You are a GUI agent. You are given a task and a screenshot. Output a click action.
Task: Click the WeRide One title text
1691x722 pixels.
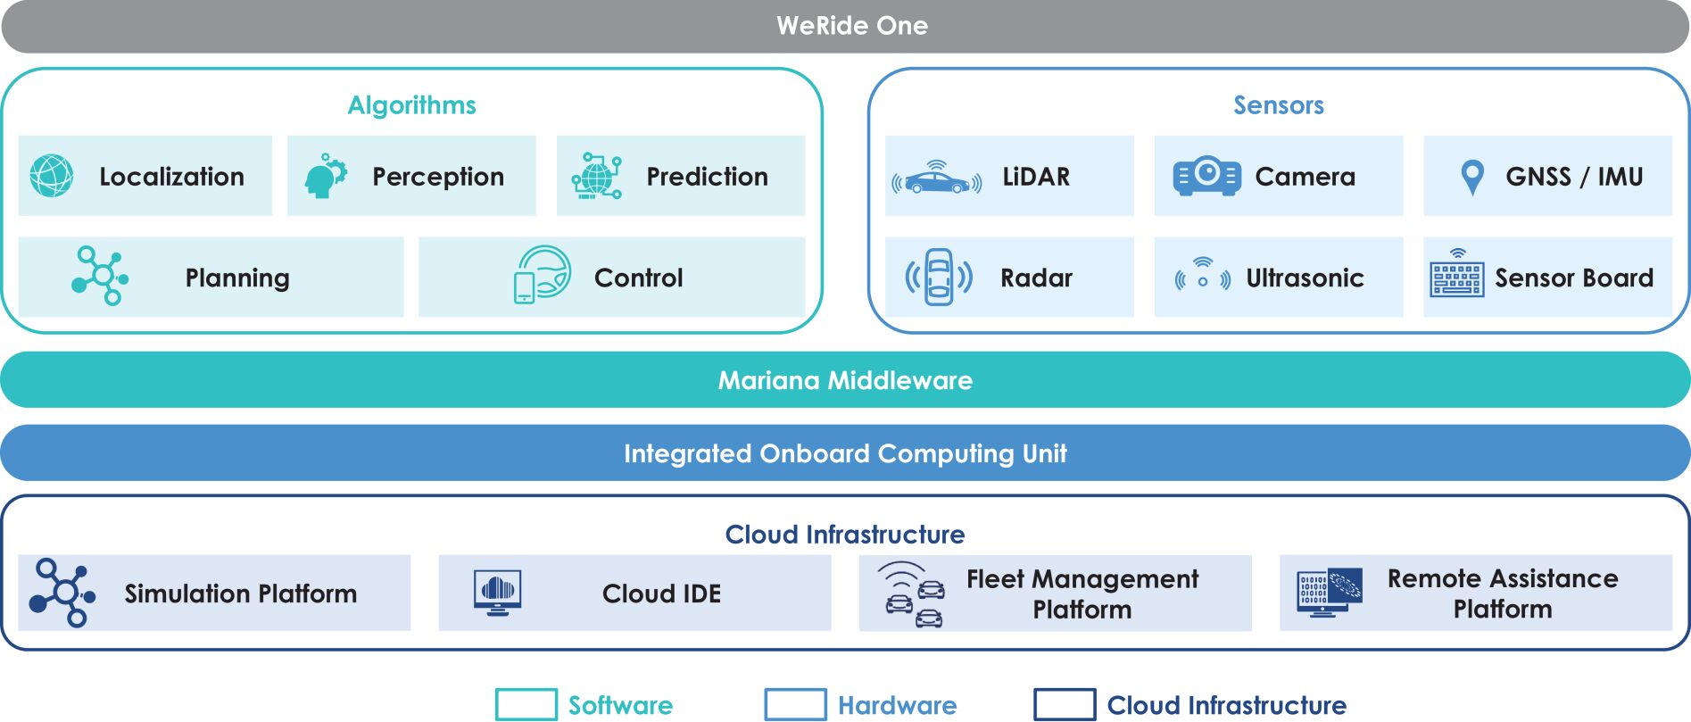[851, 26]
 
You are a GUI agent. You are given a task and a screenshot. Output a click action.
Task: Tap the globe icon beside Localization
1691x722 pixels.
[52, 176]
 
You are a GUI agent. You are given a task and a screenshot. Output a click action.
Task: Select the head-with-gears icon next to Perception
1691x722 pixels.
[325, 176]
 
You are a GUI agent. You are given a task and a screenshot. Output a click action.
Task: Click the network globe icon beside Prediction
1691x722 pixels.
[596, 176]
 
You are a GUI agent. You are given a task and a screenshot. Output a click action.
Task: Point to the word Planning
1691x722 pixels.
[237, 278]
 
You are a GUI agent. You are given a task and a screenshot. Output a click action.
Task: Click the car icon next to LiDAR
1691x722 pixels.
[936, 178]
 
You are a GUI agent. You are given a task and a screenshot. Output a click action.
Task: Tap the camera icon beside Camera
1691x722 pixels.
[1206, 176]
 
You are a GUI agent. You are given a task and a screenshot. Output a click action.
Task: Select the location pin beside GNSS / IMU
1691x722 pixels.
[1472, 177]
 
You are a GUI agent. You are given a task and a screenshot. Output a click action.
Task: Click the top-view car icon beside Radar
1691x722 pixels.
[939, 278]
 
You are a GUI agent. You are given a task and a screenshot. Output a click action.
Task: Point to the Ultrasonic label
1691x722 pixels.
[1305, 278]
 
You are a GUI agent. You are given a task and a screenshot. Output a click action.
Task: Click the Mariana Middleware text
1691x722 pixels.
[845, 381]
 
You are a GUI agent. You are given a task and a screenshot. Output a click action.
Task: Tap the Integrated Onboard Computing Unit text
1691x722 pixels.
[845, 454]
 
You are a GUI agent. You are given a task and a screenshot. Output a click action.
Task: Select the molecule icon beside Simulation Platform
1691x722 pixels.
[62, 593]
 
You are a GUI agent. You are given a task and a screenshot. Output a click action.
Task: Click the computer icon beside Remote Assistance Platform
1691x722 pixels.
[1330, 592]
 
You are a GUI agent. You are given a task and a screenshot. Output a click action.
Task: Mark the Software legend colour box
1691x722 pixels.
[526, 705]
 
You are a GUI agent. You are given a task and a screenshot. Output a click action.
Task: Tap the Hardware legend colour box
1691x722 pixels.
[795, 705]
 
